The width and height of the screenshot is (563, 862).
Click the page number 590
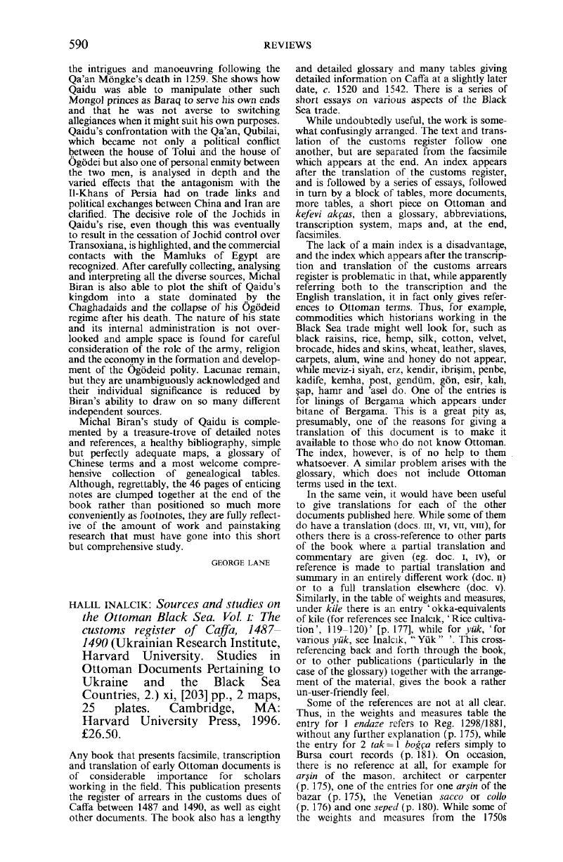pos(77,45)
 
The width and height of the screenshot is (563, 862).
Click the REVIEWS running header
pos(281,46)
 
